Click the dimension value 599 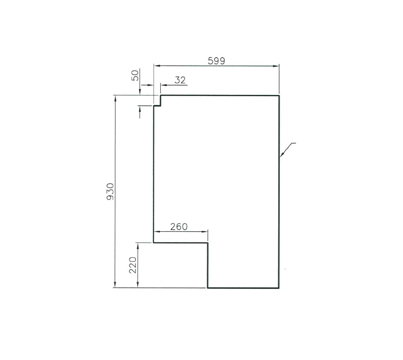tap(216, 60)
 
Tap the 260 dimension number tap(178, 227)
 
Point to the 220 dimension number tap(133, 264)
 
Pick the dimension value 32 tap(180, 80)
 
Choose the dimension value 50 tap(135, 75)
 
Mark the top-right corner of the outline tap(279, 96)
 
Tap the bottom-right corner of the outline tap(279, 288)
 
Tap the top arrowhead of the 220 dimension tap(138, 245)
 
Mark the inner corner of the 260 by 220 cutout tap(208, 243)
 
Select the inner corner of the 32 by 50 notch tap(161, 106)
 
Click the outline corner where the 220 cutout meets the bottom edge tap(208, 288)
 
